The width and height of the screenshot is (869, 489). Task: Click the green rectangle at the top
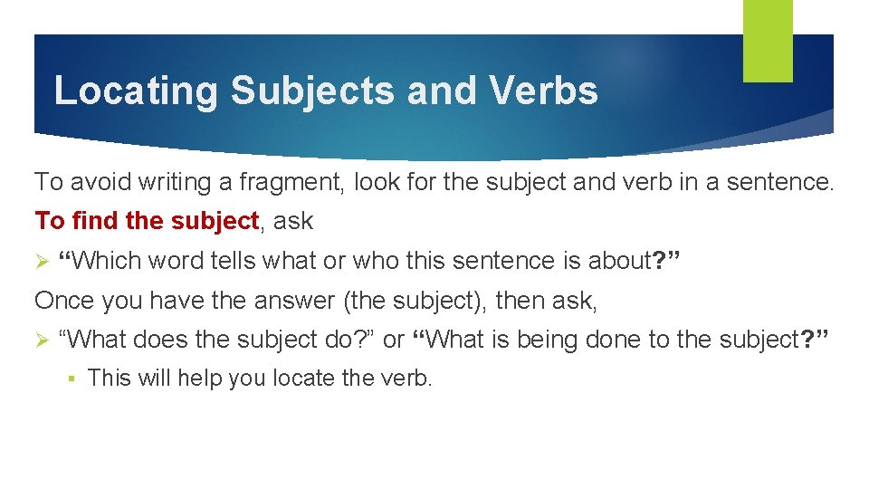point(768,41)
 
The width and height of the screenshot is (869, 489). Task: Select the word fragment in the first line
point(291,182)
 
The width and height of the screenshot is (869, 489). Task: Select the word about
point(620,262)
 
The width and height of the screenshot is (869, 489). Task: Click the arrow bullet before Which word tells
point(41,262)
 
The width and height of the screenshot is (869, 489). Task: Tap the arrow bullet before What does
point(41,340)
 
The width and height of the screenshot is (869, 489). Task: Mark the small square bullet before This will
point(71,379)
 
